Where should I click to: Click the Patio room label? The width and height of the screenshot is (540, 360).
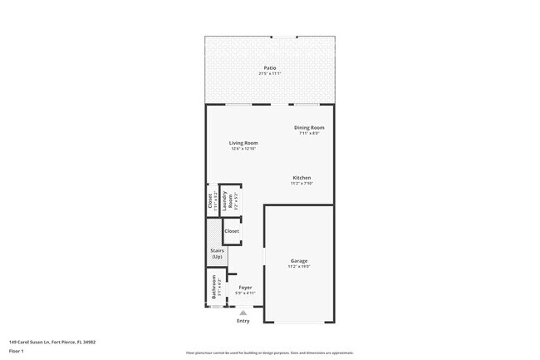click(x=270, y=67)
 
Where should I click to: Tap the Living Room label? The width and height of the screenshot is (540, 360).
click(x=243, y=143)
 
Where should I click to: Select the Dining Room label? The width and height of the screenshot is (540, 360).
click(x=310, y=127)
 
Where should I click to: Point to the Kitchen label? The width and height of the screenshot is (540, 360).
click(x=302, y=178)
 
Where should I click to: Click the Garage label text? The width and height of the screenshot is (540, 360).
click(x=299, y=261)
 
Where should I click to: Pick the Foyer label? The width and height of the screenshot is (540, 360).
click(x=245, y=288)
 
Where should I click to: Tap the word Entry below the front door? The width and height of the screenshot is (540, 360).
click(x=243, y=321)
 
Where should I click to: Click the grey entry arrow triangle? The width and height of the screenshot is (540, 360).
click(x=243, y=313)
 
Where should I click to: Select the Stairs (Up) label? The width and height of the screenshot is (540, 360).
click(x=217, y=254)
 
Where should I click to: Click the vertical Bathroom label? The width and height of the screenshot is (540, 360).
click(x=214, y=288)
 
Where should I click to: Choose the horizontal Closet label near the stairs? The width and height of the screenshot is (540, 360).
click(x=232, y=231)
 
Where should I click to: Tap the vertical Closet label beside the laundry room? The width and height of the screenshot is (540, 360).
click(x=210, y=200)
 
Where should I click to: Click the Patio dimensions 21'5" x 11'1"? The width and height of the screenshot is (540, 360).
click(x=270, y=73)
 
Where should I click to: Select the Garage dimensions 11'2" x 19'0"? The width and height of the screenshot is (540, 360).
click(x=299, y=267)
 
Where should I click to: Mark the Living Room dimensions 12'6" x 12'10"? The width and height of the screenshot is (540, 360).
click(x=243, y=149)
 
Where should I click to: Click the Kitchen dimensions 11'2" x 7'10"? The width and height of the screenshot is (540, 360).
click(x=302, y=184)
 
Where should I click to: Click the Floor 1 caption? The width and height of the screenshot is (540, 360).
click(x=16, y=351)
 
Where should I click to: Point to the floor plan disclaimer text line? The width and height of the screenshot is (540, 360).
click(x=270, y=353)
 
